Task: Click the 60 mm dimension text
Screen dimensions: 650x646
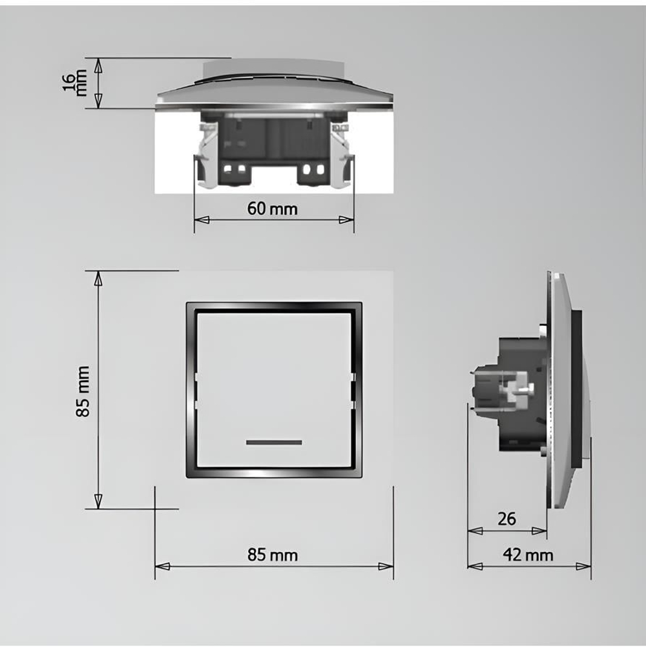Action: [272, 208]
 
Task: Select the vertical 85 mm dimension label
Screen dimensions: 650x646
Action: [83, 391]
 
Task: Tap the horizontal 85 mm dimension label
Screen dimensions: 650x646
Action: [273, 554]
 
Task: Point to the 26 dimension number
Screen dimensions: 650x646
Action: [507, 518]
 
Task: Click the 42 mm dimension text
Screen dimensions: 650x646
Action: [529, 554]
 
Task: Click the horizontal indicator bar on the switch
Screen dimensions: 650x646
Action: [274, 442]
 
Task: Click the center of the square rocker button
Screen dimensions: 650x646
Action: [274, 390]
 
